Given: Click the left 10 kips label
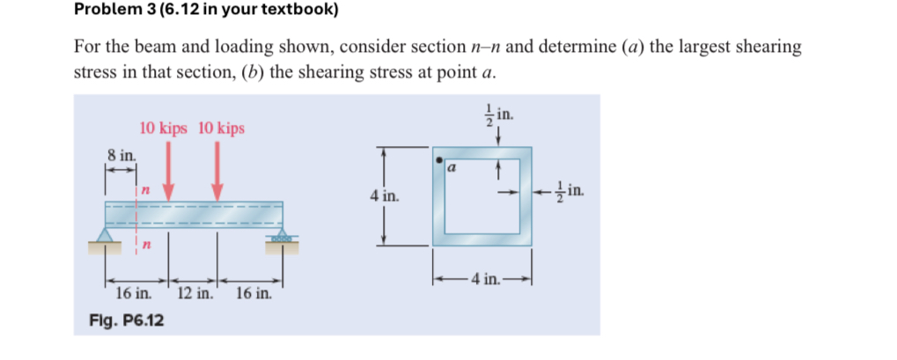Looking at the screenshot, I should click(x=163, y=129).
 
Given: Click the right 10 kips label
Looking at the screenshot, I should click(x=220, y=129).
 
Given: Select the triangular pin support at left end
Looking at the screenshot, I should click(x=107, y=234).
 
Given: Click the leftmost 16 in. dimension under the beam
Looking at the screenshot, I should click(x=133, y=292).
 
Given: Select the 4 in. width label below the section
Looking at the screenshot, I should click(x=484, y=281).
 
